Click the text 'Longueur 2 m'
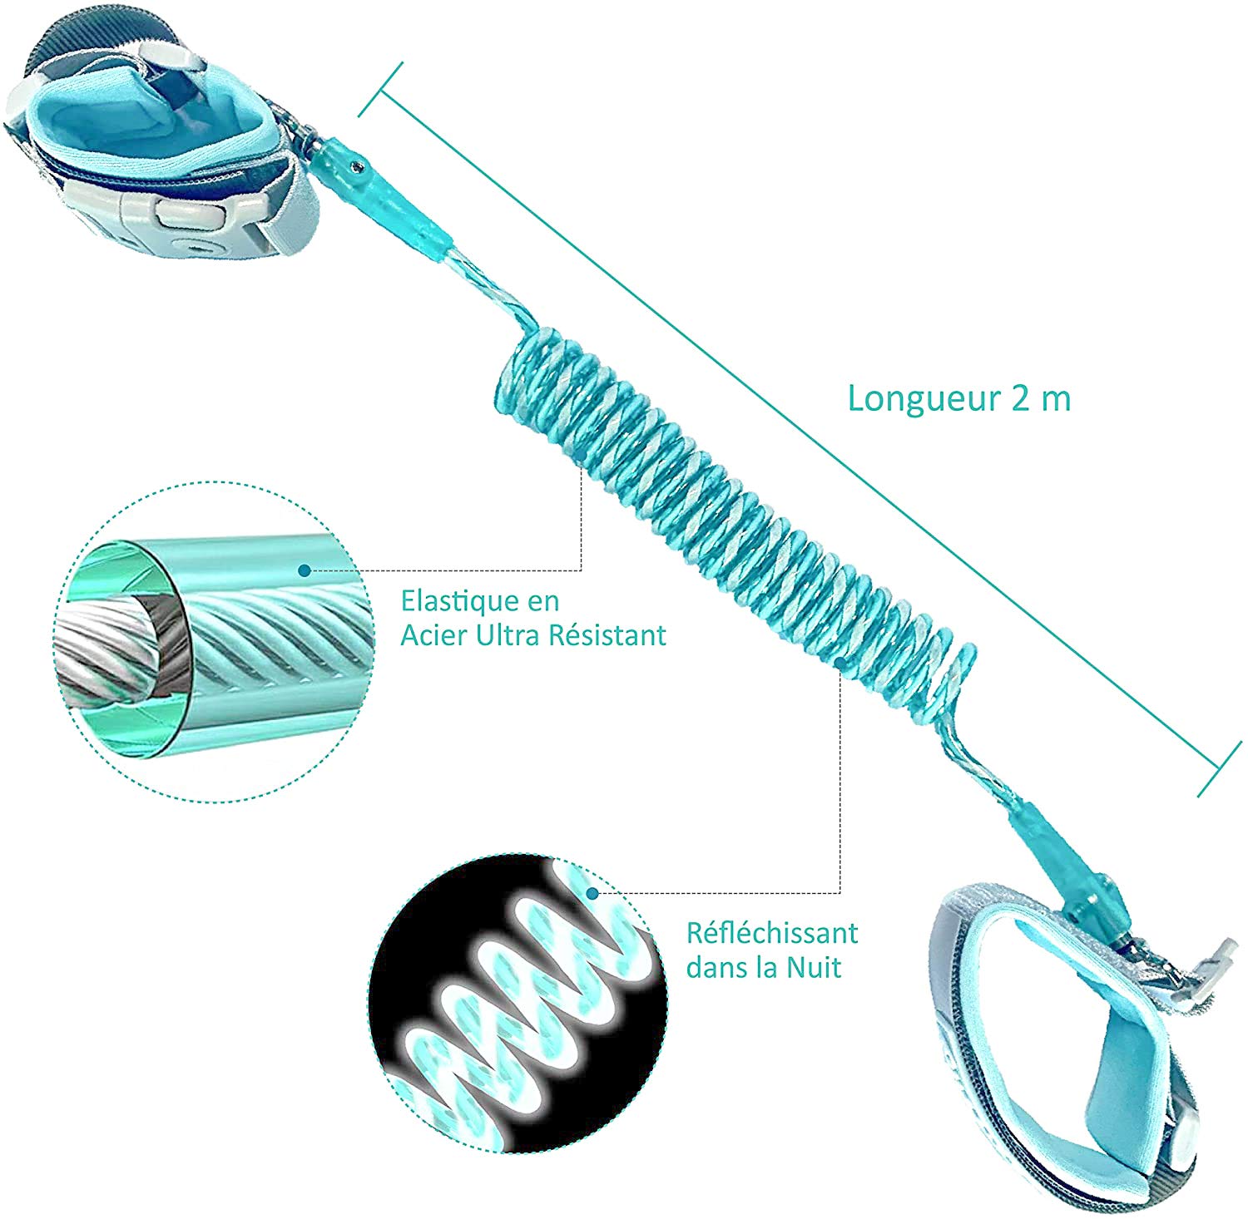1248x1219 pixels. click(x=958, y=399)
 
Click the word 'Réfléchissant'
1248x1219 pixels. click(x=772, y=933)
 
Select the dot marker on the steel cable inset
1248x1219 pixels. click(x=305, y=570)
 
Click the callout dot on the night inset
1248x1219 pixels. click(x=592, y=893)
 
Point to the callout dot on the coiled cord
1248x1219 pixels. click(x=841, y=662)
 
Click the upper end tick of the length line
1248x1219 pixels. click(x=380, y=89)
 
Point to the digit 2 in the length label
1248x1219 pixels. click(x=1021, y=399)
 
